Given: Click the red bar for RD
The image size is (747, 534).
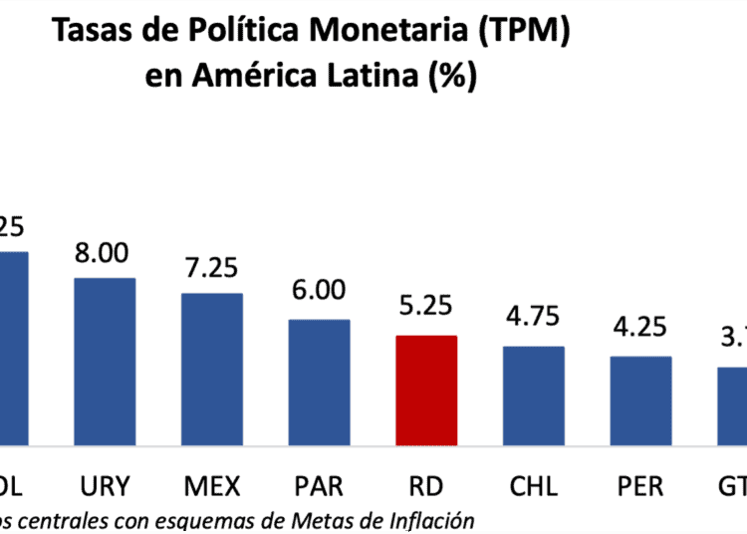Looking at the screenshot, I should click(x=426, y=391).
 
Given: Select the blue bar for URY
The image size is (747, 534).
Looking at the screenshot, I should click(x=105, y=362).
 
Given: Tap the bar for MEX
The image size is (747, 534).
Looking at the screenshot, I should click(x=211, y=369).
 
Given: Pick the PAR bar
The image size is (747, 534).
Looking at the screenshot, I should click(x=319, y=383).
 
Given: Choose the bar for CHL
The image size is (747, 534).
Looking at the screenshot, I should click(x=534, y=396).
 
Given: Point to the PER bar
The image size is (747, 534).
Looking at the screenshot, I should click(x=640, y=400).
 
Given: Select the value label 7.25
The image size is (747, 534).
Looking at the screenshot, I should click(x=211, y=270).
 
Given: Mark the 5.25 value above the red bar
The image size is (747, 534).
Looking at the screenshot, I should click(x=426, y=310).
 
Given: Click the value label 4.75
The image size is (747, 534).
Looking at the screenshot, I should click(x=534, y=321).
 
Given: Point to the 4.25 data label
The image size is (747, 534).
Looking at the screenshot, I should click(x=640, y=330).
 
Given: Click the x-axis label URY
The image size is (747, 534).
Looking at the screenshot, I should click(x=105, y=486).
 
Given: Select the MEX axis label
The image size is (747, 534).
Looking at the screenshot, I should click(x=211, y=486).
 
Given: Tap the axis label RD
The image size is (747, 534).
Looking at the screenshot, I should click(x=426, y=486).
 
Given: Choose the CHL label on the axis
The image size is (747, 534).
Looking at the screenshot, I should click(x=534, y=486).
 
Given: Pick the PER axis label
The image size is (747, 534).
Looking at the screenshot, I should click(x=640, y=486).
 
